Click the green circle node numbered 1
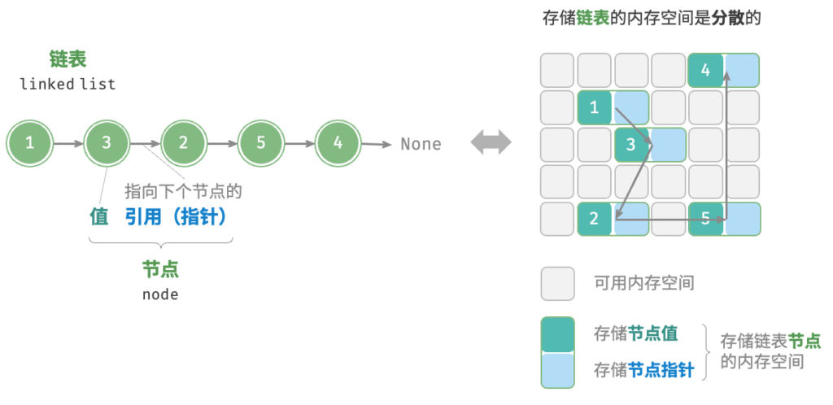(x=30, y=143)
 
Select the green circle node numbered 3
(x=107, y=143)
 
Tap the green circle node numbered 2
(x=184, y=143)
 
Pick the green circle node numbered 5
(x=261, y=143)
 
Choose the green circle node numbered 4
(x=338, y=143)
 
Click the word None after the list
(x=421, y=144)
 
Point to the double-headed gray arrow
(x=491, y=143)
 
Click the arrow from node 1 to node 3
(x=68, y=143)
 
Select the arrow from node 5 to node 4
(x=299, y=143)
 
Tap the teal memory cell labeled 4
(x=706, y=70)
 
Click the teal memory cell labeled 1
(x=595, y=107)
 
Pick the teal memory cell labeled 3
(x=631, y=145)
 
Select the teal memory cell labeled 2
(x=595, y=219)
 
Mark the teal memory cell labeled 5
(x=706, y=219)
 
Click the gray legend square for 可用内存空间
(x=557, y=284)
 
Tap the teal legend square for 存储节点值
(x=558, y=334)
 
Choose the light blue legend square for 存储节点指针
(x=558, y=371)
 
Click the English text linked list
(x=68, y=84)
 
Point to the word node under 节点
(x=160, y=294)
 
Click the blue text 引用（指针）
(x=177, y=216)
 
